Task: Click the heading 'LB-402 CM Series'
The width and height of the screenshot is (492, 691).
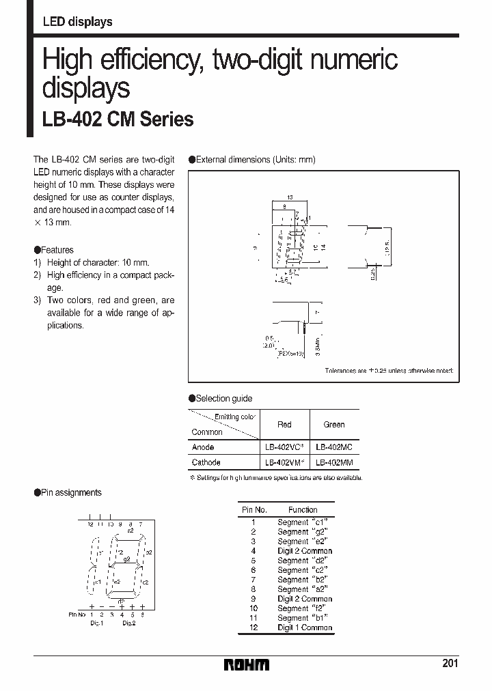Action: tap(118, 119)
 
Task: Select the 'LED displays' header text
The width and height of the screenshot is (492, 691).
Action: tap(77, 22)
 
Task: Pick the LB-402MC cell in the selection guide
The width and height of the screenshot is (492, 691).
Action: tap(334, 447)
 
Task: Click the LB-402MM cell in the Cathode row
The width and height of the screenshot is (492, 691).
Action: tap(334, 462)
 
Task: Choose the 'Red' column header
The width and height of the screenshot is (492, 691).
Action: tap(284, 425)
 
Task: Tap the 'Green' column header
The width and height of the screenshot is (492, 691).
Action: tap(334, 425)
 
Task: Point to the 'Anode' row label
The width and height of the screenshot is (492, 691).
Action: tap(203, 447)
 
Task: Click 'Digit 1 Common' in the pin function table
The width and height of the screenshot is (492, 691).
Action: tap(304, 627)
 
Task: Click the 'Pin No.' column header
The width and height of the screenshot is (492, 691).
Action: tap(254, 510)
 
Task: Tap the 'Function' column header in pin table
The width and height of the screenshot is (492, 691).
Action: tap(303, 510)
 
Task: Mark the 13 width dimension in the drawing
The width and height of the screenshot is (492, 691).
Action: tap(290, 197)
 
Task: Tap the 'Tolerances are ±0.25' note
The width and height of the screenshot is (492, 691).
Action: tap(388, 371)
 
